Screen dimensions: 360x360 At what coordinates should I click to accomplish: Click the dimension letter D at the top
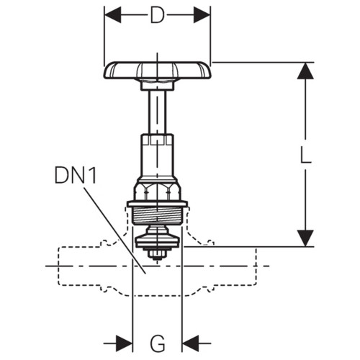click(157, 15)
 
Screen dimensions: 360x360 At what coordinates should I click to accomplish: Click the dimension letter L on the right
click(305, 155)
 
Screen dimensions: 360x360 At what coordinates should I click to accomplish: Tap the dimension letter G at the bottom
click(158, 343)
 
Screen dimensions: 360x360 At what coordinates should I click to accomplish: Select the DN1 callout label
click(76, 175)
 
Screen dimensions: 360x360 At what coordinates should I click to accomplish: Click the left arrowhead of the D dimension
click(113, 15)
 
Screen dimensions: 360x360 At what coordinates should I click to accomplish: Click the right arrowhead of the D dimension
click(202, 15)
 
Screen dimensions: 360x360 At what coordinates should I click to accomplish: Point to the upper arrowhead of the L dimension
click(305, 71)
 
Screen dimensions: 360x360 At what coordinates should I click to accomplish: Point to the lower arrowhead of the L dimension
click(305, 238)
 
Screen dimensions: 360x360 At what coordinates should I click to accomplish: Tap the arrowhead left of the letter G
click(124, 343)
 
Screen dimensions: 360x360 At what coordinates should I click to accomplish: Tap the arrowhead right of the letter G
click(191, 343)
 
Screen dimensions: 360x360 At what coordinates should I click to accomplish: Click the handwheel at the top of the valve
click(157, 70)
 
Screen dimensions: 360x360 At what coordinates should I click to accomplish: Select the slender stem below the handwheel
click(157, 112)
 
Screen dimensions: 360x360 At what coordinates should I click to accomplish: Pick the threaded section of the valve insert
click(157, 216)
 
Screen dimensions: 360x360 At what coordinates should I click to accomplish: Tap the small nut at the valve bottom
click(157, 255)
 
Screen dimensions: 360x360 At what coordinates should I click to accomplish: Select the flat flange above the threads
click(157, 204)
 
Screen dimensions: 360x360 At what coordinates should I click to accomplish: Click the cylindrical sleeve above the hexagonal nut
click(157, 156)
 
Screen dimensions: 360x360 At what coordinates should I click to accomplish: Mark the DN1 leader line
click(114, 230)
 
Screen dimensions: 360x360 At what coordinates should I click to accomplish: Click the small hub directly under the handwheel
click(157, 85)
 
